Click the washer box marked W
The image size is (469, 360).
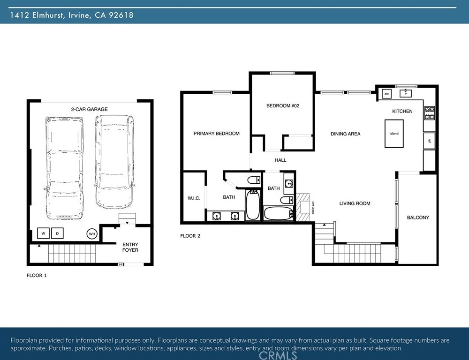click(x=43, y=233)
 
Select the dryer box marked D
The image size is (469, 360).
click(x=57, y=233)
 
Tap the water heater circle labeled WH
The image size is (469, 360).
click(x=92, y=234)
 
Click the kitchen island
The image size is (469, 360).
click(x=394, y=134)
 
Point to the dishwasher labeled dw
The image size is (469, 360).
click(x=386, y=94)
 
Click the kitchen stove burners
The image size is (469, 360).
click(x=430, y=113)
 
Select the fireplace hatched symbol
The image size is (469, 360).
click(x=303, y=207)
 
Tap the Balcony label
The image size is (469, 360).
click(x=418, y=217)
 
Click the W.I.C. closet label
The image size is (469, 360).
click(x=194, y=198)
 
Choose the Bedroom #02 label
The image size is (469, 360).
click(x=283, y=106)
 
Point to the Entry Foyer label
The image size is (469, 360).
click(x=130, y=247)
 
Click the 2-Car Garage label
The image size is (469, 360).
click(x=90, y=109)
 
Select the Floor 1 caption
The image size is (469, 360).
click(x=37, y=275)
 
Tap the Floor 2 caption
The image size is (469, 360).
click(x=190, y=236)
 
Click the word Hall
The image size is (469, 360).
click(x=280, y=160)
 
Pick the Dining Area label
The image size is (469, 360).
click(x=346, y=134)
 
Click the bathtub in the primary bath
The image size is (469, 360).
click(x=253, y=205)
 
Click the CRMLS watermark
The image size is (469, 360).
click(x=278, y=355)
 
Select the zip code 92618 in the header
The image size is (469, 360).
click(x=121, y=15)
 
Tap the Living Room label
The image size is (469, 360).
click(x=355, y=203)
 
